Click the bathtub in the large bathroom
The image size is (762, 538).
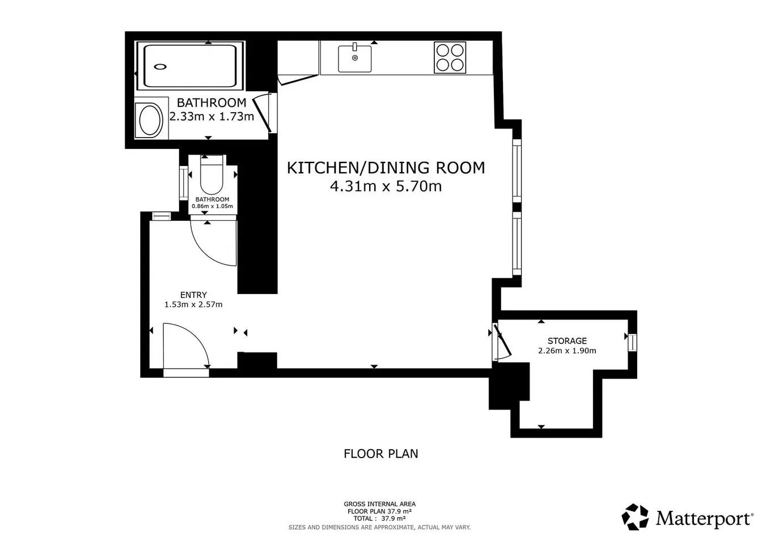(x=190, y=66)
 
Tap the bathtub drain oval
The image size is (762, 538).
(x=160, y=67)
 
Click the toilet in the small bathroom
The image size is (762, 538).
(x=211, y=174)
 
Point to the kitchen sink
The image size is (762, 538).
(x=354, y=58)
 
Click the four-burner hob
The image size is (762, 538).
(x=450, y=57)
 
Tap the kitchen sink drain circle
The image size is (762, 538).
(x=355, y=58)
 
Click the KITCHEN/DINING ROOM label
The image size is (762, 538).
(x=386, y=168)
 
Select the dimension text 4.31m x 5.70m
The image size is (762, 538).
(x=386, y=186)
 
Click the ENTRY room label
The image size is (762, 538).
(x=193, y=294)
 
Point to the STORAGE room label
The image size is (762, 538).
(x=567, y=340)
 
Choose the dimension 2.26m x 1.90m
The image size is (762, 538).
(x=567, y=351)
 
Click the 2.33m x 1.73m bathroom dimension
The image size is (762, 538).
(x=211, y=117)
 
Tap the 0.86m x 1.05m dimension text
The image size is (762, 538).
(x=212, y=206)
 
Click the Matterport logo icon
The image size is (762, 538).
(x=635, y=517)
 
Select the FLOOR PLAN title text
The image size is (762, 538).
(x=380, y=454)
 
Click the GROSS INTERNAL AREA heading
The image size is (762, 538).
(x=380, y=504)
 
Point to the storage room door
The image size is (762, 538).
(x=503, y=340)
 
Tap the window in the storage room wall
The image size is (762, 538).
(x=632, y=343)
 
